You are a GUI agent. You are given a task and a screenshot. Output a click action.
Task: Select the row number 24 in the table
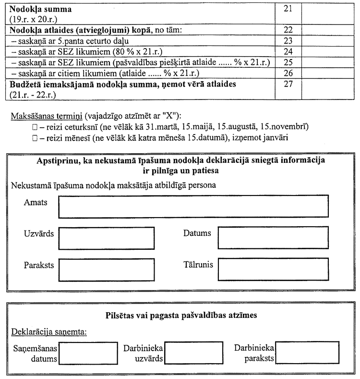(288, 51)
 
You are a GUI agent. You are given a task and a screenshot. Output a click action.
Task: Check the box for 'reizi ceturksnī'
(34, 126)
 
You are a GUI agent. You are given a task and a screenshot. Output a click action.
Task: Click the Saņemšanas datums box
(88, 354)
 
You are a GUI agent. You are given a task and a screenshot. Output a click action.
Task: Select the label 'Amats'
(36, 202)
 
